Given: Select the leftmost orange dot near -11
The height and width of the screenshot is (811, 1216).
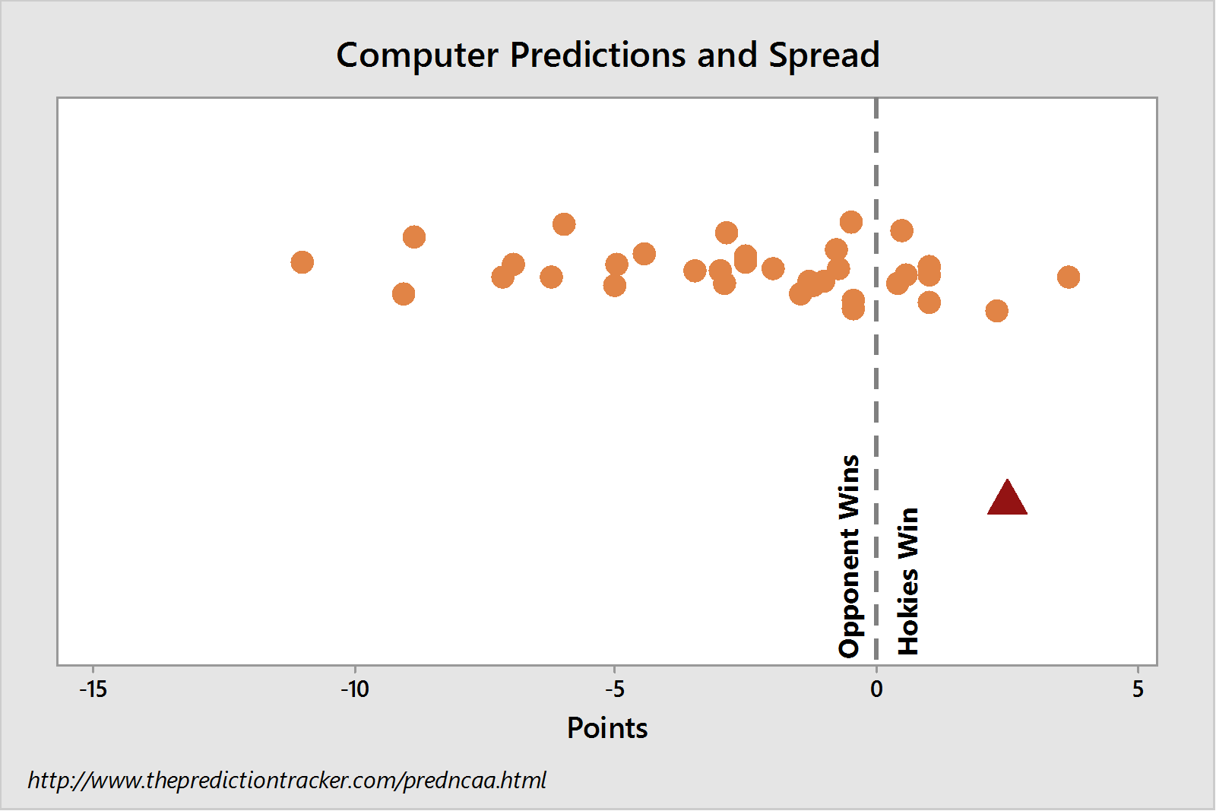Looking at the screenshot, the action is click(x=302, y=262).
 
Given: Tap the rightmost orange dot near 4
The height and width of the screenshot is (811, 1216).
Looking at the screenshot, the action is click(x=1069, y=277).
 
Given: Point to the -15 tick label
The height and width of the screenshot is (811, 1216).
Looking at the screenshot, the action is click(x=93, y=689).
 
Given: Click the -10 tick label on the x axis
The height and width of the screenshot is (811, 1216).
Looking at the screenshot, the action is click(x=355, y=689).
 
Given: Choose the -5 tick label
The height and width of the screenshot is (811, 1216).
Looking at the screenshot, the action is click(x=615, y=689).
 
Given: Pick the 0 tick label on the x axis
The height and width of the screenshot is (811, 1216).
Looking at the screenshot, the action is click(x=876, y=689).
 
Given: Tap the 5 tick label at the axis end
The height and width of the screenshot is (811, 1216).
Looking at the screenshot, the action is click(x=1138, y=689).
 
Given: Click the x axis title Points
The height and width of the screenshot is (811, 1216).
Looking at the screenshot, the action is click(x=607, y=728).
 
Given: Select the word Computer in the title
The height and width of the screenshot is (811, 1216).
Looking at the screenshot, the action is click(x=417, y=55).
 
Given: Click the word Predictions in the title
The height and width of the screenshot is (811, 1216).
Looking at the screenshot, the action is click(x=597, y=55).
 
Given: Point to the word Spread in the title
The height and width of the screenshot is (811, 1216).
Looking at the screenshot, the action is click(x=824, y=55).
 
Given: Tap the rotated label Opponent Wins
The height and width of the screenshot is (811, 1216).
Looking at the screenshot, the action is click(x=849, y=556).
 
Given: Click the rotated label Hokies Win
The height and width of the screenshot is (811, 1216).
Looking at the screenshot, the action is click(x=907, y=581).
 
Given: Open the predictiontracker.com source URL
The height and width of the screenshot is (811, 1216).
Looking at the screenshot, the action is click(x=287, y=780).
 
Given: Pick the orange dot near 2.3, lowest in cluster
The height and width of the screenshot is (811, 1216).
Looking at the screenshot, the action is click(x=996, y=311).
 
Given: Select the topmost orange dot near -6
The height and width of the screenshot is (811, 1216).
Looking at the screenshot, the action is click(x=564, y=224).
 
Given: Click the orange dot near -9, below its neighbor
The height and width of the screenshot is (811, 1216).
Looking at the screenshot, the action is click(x=404, y=294).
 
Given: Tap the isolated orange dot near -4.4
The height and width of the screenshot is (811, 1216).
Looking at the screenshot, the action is click(x=644, y=254).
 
